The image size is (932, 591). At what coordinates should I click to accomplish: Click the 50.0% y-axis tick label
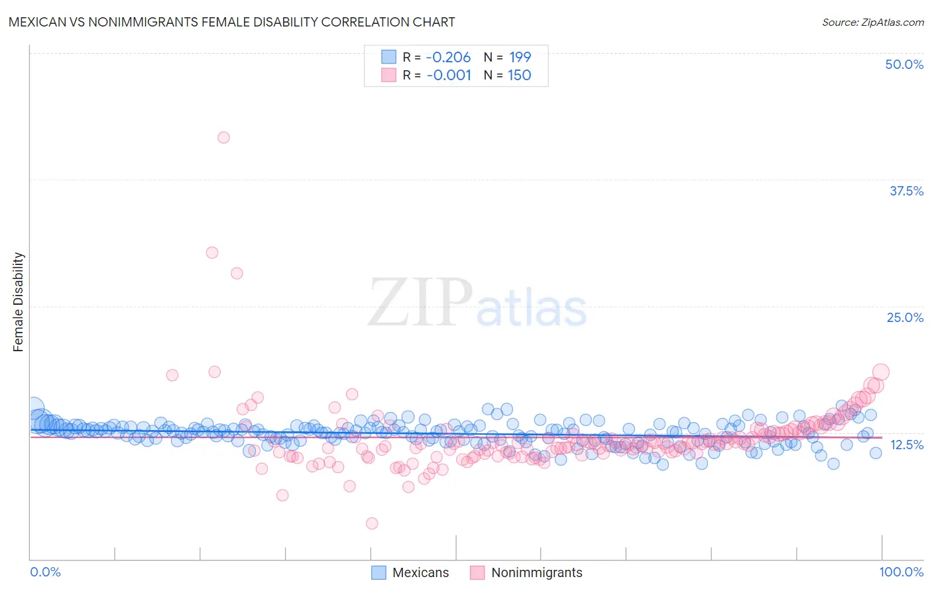click(x=904, y=64)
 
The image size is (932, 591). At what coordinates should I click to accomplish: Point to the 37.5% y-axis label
click(x=906, y=191)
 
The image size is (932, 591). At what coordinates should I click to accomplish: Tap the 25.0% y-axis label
click(x=905, y=317)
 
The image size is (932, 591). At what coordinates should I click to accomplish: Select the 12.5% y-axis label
click(x=906, y=445)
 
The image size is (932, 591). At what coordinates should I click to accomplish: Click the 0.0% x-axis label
click(x=45, y=572)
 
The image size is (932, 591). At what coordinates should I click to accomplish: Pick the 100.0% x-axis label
click(x=901, y=572)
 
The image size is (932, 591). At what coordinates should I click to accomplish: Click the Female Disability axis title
click(x=18, y=301)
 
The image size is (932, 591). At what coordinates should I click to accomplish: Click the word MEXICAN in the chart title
click(x=39, y=22)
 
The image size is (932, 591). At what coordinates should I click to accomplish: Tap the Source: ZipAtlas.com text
click(x=872, y=22)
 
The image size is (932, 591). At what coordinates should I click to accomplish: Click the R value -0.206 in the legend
click(x=448, y=57)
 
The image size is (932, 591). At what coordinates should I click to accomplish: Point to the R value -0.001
click(x=449, y=75)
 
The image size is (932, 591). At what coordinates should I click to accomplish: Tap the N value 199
click(x=520, y=57)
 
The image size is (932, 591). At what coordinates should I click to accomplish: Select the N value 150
click(x=520, y=75)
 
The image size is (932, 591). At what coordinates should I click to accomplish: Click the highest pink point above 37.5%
click(x=223, y=137)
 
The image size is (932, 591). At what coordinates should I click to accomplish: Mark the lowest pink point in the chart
click(x=372, y=523)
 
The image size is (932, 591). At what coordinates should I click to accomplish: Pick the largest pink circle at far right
click(x=880, y=372)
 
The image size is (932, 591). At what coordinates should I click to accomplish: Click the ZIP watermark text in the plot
click(x=420, y=303)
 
